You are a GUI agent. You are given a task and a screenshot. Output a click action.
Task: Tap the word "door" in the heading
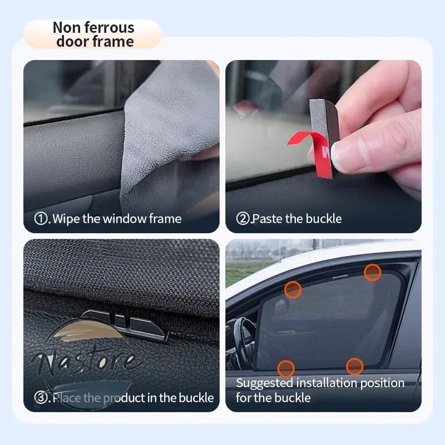72,41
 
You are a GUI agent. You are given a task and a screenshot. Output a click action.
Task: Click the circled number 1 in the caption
41,219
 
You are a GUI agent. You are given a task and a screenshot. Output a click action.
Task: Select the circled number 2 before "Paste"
243,219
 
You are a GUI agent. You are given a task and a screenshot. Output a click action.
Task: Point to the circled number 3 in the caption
41,397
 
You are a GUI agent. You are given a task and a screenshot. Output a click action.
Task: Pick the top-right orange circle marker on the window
372,273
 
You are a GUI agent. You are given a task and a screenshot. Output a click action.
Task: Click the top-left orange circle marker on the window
293,290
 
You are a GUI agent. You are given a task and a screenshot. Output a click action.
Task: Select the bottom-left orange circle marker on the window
286,369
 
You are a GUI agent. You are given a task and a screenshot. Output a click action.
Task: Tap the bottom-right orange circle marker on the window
354,367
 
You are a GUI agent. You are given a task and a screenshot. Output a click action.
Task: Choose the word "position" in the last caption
382,383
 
